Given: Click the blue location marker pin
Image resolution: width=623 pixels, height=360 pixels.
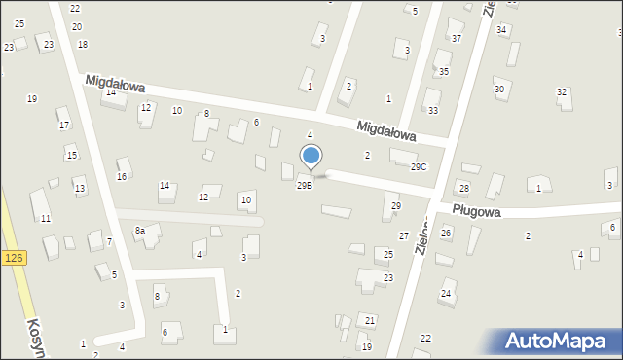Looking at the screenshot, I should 311,157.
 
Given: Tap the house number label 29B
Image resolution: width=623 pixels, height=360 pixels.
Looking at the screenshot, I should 305,185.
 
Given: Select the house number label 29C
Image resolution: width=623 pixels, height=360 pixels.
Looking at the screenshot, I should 418,167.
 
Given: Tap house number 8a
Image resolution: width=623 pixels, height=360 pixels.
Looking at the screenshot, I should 140,230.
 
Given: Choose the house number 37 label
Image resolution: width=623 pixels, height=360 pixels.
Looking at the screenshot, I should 457,39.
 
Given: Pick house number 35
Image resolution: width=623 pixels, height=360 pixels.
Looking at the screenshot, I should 443,72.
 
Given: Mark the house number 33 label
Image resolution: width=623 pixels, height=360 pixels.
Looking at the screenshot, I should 433,111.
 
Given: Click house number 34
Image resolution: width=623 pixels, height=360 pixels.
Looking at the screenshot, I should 501,30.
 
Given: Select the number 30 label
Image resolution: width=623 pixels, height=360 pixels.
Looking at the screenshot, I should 499,90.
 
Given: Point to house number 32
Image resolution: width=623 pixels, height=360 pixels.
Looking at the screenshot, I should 562,92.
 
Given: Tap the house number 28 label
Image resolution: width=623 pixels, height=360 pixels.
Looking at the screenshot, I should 464,188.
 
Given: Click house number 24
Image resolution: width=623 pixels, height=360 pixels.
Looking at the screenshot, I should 446,293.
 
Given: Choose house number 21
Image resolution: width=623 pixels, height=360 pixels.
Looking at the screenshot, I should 370,320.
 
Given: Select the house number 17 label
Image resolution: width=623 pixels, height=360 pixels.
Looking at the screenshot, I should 63,126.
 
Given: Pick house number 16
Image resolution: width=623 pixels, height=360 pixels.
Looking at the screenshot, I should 122,176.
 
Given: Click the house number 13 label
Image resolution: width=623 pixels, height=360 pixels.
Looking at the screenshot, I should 79,189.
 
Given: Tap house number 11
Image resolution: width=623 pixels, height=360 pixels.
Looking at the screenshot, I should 46,219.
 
